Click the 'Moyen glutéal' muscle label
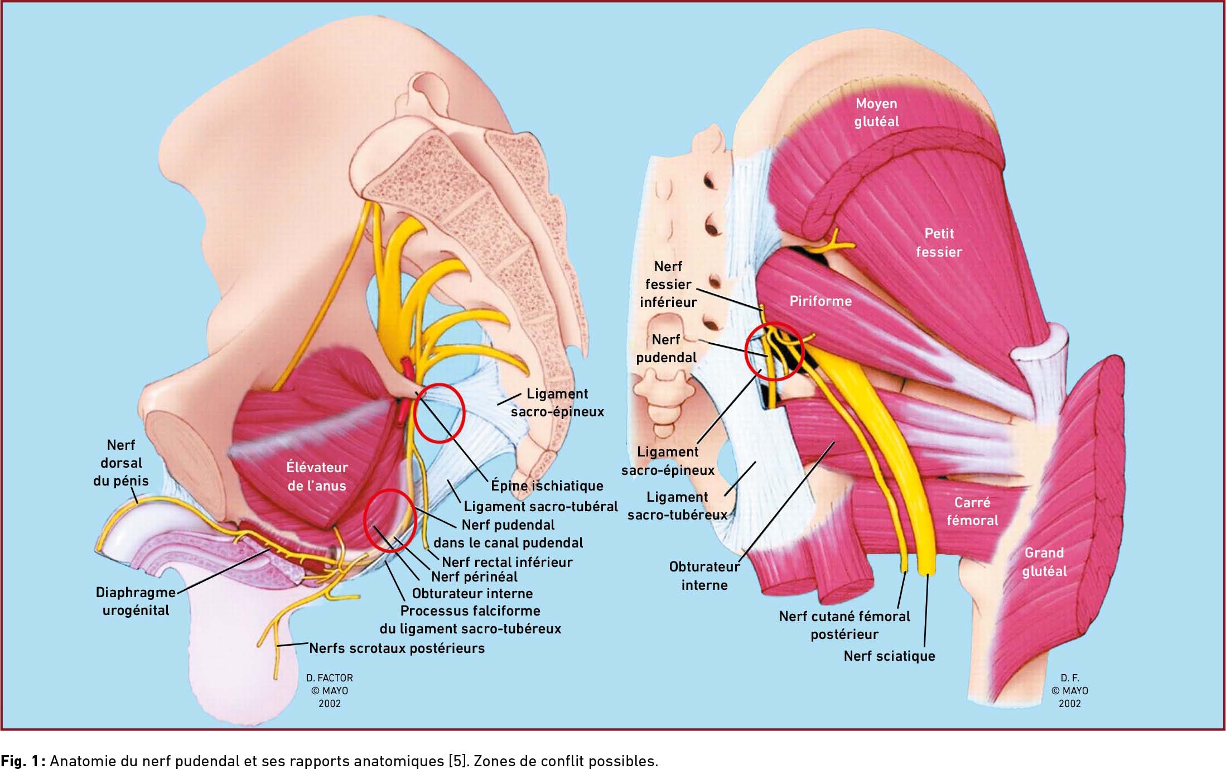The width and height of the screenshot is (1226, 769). point(876,112)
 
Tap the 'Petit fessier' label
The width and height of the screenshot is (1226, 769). point(939,243)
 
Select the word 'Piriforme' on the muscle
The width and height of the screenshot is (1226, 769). point(820,301)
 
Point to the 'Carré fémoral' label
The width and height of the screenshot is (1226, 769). point(972,511)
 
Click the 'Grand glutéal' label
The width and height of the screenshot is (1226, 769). point(1044,562)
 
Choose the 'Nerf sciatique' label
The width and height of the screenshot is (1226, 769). point(889,656)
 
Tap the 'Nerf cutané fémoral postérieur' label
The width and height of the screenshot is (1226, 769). point(844,625)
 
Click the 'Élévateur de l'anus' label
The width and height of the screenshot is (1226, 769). point(317,476)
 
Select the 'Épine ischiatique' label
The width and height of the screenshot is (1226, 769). point(547,486)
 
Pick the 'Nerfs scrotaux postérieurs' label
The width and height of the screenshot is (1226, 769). point(397,648)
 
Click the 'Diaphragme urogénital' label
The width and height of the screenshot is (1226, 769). point(136,601)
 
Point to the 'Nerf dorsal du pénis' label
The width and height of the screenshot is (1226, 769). point(121,463)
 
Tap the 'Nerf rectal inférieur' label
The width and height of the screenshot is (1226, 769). point(506,562)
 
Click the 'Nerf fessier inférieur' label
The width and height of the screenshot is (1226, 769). point(668,285)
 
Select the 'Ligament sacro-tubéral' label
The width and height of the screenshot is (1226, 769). point(540,507)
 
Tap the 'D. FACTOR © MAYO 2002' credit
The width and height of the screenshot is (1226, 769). point(329,691)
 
